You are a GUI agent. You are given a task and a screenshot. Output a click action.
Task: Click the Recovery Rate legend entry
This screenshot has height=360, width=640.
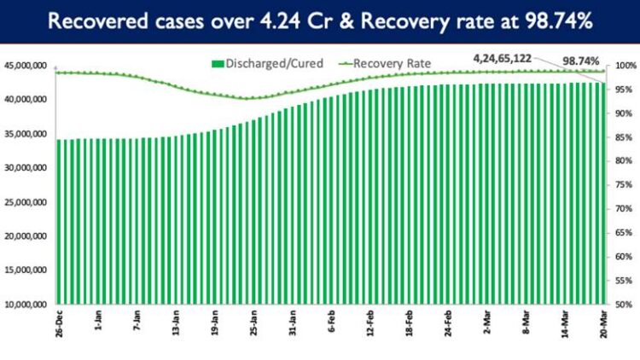coord(387,63)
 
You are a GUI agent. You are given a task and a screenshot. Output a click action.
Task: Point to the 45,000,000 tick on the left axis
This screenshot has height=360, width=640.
coord(25,66)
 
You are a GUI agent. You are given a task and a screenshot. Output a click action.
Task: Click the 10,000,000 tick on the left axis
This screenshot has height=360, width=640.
coord(25,305)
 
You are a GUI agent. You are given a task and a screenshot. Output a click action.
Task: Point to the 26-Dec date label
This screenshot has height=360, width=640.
coord(59,328)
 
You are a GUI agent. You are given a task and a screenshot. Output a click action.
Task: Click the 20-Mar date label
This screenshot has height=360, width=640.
coord(602,328)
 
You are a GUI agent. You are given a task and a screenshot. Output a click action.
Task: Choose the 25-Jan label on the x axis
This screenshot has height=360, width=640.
coord(253,328)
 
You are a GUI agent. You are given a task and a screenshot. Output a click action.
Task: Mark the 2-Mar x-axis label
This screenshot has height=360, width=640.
coord(488,329)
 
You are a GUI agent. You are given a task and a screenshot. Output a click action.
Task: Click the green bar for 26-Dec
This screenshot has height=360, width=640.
coord(59,222)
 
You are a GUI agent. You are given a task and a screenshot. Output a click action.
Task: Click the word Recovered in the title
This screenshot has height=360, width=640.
coord(96,21)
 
